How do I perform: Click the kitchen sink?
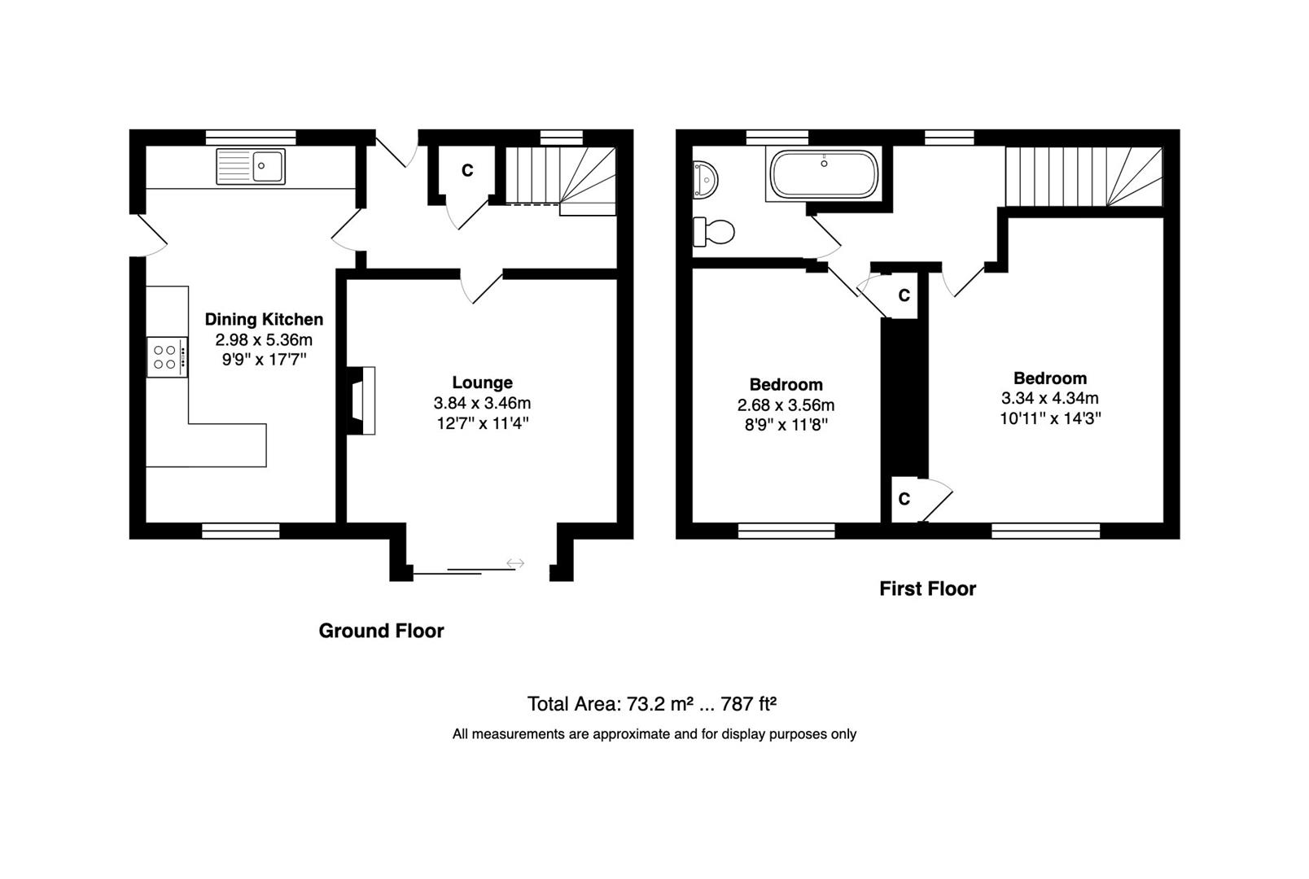point(251,167)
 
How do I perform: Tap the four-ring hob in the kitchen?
point(167,357)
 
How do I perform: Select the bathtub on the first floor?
point(824,174)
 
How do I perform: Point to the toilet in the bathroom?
point(713,232)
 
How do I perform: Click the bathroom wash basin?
point(705,179)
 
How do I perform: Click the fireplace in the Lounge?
point(361,400)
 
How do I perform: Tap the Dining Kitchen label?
point(264,319)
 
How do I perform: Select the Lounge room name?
point(482,383)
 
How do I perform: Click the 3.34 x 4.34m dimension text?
point(1049,398)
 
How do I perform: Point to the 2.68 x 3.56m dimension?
point(786,405)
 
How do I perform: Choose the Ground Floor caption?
point(381,631)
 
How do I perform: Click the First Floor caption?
point(927,588)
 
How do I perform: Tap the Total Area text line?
point(651,704)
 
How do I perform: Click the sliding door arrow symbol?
point(515,563)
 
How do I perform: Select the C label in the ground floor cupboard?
point(467,171)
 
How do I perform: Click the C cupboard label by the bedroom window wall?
point(904,499)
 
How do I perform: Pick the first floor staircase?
point(1084,176)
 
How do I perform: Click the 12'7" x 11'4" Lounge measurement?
point(482,423)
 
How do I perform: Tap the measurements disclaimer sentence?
point(654,734)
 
